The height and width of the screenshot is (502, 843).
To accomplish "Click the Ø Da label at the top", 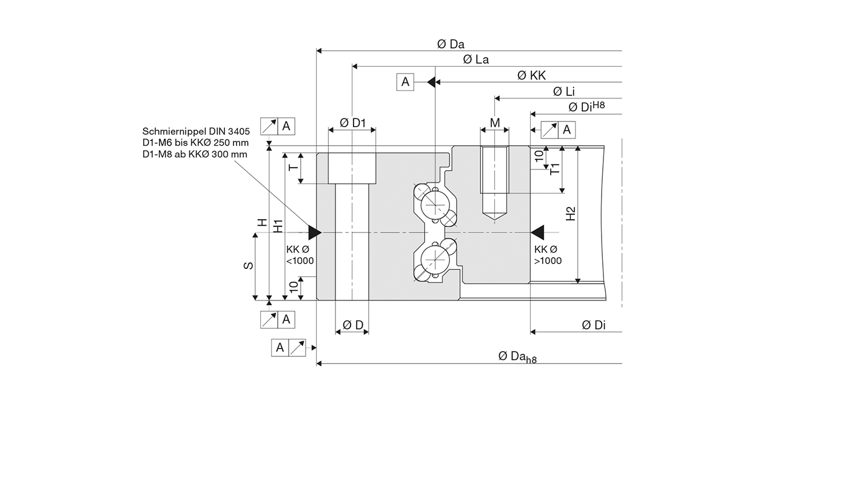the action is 451,44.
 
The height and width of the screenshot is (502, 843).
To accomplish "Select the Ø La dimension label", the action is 475,59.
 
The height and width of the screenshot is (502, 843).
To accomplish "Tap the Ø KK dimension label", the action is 531,75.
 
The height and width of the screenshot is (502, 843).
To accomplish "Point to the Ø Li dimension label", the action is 564,91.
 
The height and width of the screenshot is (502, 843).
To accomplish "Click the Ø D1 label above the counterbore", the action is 352,123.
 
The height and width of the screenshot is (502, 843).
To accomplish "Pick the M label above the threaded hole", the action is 495,123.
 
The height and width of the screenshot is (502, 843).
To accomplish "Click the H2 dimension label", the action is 571,214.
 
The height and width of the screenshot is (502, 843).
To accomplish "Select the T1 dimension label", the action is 555,169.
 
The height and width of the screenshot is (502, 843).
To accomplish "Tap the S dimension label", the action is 249,265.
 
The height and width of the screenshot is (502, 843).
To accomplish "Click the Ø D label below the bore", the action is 353,325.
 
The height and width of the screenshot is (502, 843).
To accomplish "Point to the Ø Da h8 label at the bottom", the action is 517,357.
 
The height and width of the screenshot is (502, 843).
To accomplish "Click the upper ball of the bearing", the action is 435,205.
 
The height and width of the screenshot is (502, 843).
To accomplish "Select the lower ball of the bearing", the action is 435,259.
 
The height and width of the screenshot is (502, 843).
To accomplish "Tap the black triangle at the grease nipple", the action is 315,232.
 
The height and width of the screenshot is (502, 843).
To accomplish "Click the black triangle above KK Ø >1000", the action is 537,232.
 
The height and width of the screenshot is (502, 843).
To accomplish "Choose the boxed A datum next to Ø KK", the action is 405,82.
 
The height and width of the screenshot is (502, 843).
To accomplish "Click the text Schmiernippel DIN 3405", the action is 196,132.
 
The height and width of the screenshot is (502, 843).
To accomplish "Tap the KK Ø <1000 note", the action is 300,255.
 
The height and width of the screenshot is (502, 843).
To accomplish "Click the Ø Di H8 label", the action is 586,106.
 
